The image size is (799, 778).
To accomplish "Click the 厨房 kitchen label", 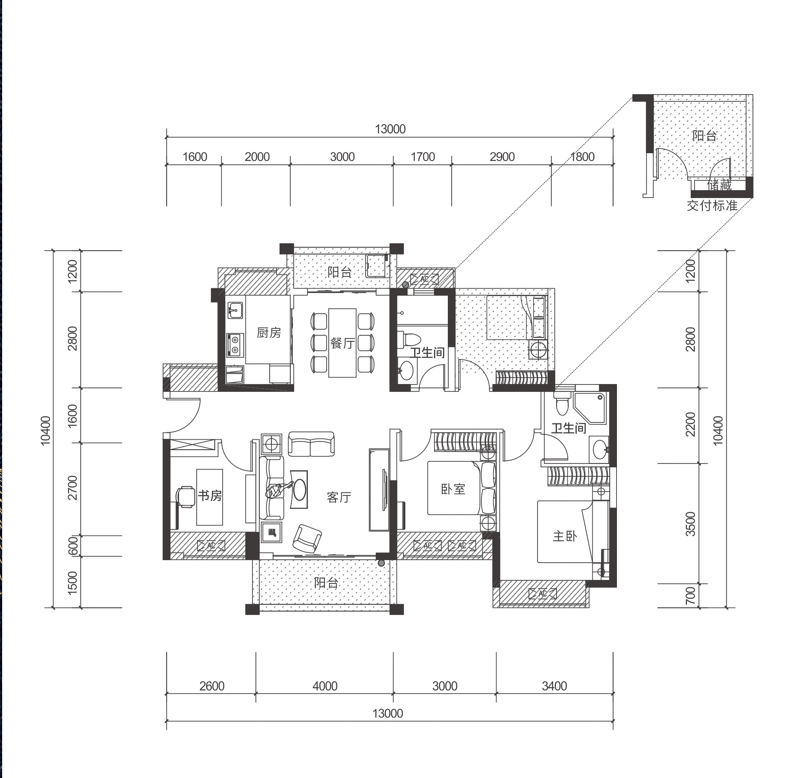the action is click(x=268, y=333).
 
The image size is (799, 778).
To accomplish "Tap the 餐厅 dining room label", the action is click(x=343, y=343).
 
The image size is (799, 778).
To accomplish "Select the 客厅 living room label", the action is click(x=339, y=498).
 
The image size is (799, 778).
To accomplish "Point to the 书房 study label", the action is click(x=210, y=495).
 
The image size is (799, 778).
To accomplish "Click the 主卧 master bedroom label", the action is click(x=565, y=536).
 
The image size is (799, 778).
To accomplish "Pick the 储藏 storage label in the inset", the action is click(x=720, y=185).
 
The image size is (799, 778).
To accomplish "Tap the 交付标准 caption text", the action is click(x=712, y=205).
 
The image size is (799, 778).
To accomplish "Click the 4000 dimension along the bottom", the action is click(x=325, y=686).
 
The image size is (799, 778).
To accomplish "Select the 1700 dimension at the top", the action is click(x=423, y=157).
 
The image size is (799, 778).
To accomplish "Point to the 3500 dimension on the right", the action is click(x=691, y=524).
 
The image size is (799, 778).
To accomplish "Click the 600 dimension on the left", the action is click(x=73, y=545).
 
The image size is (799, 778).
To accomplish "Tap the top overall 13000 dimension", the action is click(x=390, y=129).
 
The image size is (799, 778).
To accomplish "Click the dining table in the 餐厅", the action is click(x=343, y=343).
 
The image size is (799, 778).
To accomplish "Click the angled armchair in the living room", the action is click(x=307, y=538).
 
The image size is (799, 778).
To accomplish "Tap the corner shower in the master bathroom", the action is click(x=590, y=409).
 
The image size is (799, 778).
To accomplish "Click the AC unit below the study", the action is click(x=211, y=545).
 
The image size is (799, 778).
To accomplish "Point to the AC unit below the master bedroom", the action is click(x=543, y=594).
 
